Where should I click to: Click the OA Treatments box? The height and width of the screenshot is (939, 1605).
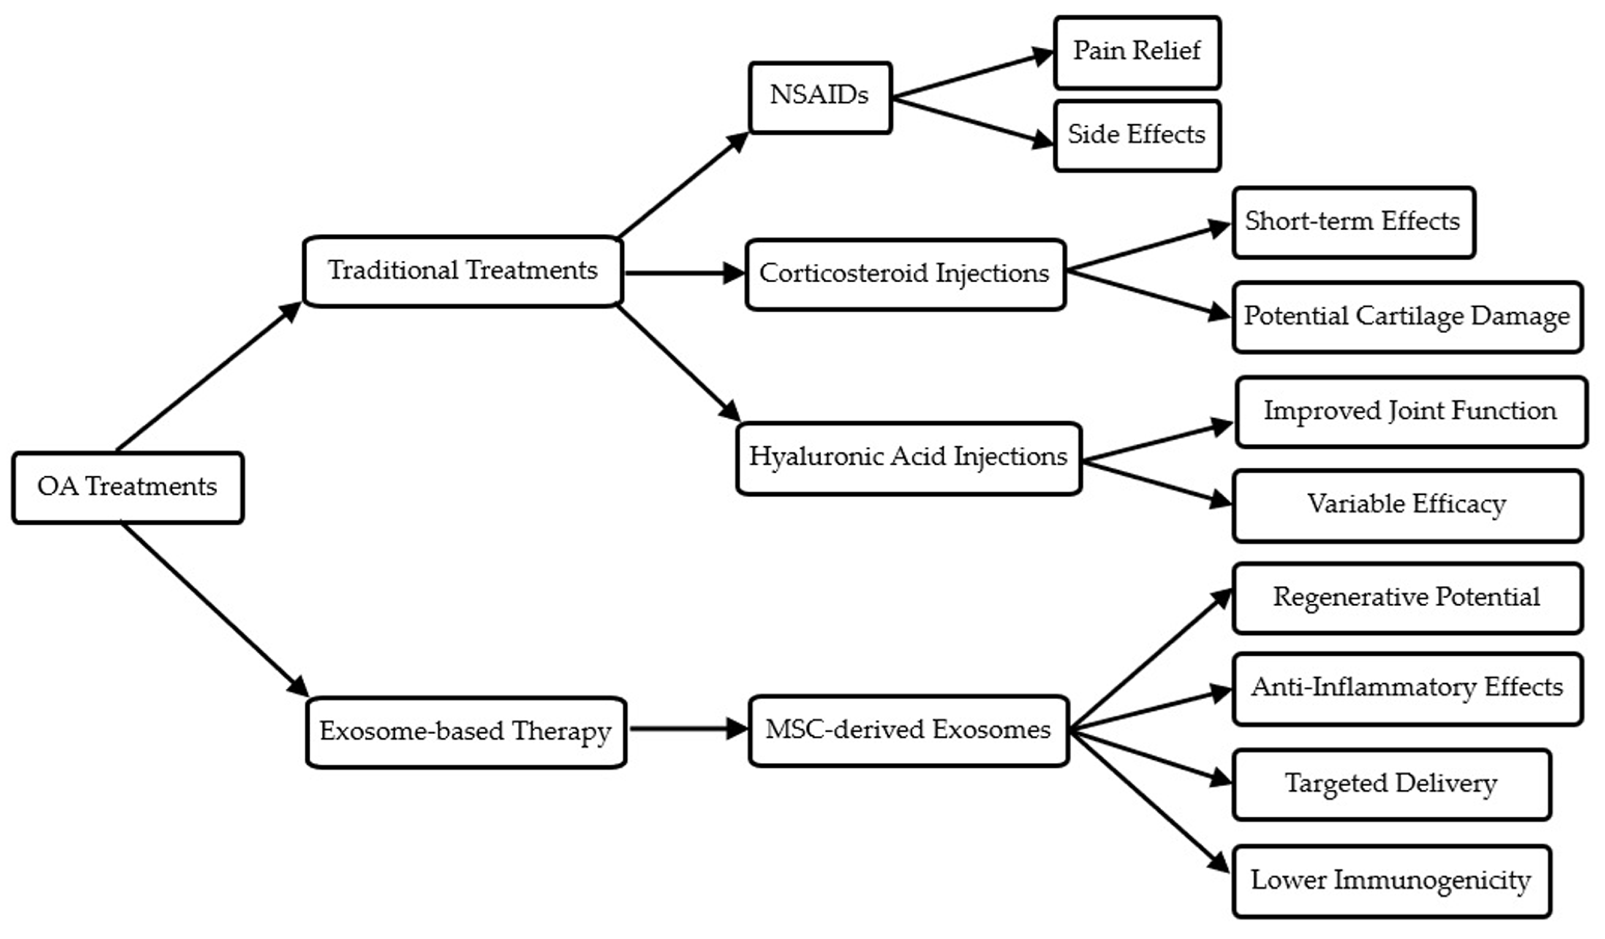click(128, 487)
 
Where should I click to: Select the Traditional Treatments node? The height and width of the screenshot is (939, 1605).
click(463, 271)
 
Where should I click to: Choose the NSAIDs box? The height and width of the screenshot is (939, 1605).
click(820, 97)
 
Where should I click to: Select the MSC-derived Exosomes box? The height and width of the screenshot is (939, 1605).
click(908, 731)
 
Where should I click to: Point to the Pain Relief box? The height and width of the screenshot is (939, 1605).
click(1137, 52)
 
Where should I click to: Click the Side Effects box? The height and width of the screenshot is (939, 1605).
click(1137, 135)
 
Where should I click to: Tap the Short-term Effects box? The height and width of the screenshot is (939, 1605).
click(1353, 222)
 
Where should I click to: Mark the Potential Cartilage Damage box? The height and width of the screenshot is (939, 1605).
click(1407, 317)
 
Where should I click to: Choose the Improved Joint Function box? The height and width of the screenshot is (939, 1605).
click(1410, 412)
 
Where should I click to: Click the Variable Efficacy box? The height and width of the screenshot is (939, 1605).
click(1407, 505)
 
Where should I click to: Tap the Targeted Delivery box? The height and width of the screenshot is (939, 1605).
click(1391, 784)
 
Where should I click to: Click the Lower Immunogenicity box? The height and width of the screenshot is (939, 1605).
click(1391, 881)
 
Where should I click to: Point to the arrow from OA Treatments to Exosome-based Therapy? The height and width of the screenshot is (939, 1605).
click(213, 610)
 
